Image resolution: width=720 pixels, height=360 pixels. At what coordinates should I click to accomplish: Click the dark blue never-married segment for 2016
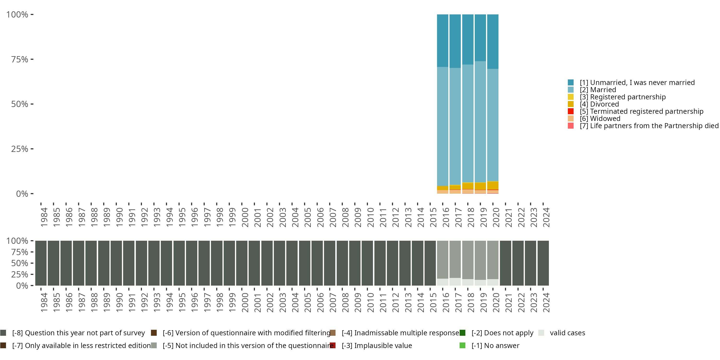(443, 41)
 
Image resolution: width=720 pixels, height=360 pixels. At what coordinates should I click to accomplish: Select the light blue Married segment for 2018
(468, 123)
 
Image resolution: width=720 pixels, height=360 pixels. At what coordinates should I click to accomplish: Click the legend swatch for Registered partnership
(570, 97)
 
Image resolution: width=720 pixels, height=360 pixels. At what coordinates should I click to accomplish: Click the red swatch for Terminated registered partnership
(570, 111)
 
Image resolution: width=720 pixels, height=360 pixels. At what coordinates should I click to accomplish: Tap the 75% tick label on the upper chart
(20, 59)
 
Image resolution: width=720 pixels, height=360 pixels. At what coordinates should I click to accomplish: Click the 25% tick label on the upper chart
(20, 149)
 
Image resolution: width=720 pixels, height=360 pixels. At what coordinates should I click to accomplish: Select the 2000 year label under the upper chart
(245, 217)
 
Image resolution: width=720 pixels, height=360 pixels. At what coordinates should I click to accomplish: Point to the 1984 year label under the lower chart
(44, 302)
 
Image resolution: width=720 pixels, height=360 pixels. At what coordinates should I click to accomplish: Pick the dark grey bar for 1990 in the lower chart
(116, 263)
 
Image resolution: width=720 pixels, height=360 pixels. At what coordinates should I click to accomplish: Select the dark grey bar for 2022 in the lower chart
(518, 263)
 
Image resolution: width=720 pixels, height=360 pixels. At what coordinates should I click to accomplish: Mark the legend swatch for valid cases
(541, 333)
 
